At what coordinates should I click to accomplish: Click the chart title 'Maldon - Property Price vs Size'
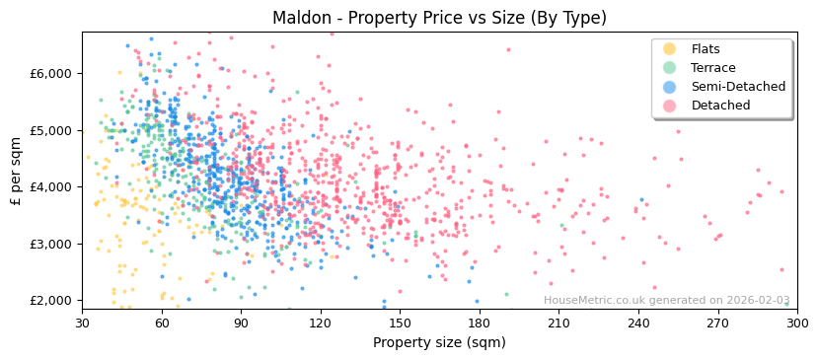coord(439,18)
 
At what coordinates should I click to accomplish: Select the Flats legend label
coord(705,49)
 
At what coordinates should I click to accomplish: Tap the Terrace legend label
coord(712,68)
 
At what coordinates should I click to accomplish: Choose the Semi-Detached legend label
coord(738,87)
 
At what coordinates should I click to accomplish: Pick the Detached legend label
coord(720,106)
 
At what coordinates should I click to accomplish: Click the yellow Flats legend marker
coord(670,49)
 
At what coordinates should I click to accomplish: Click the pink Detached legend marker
coord(670,106)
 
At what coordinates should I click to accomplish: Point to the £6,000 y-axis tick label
coord(51,73)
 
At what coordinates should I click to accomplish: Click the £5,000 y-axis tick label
coord(51,130)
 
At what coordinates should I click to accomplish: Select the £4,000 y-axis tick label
coord(51,186)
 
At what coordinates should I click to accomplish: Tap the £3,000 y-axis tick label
coord(51,244)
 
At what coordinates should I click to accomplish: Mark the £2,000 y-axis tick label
coord(51,300)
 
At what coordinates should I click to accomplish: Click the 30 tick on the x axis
coord(82,323)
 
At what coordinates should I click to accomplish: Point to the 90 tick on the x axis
coord(241,323)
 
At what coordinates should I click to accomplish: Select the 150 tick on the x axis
coord(400,323)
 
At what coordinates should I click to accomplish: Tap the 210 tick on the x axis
coord(558,323)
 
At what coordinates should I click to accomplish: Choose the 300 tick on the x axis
coord(796,323)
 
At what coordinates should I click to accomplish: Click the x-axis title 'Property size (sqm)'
coord(439,342)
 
